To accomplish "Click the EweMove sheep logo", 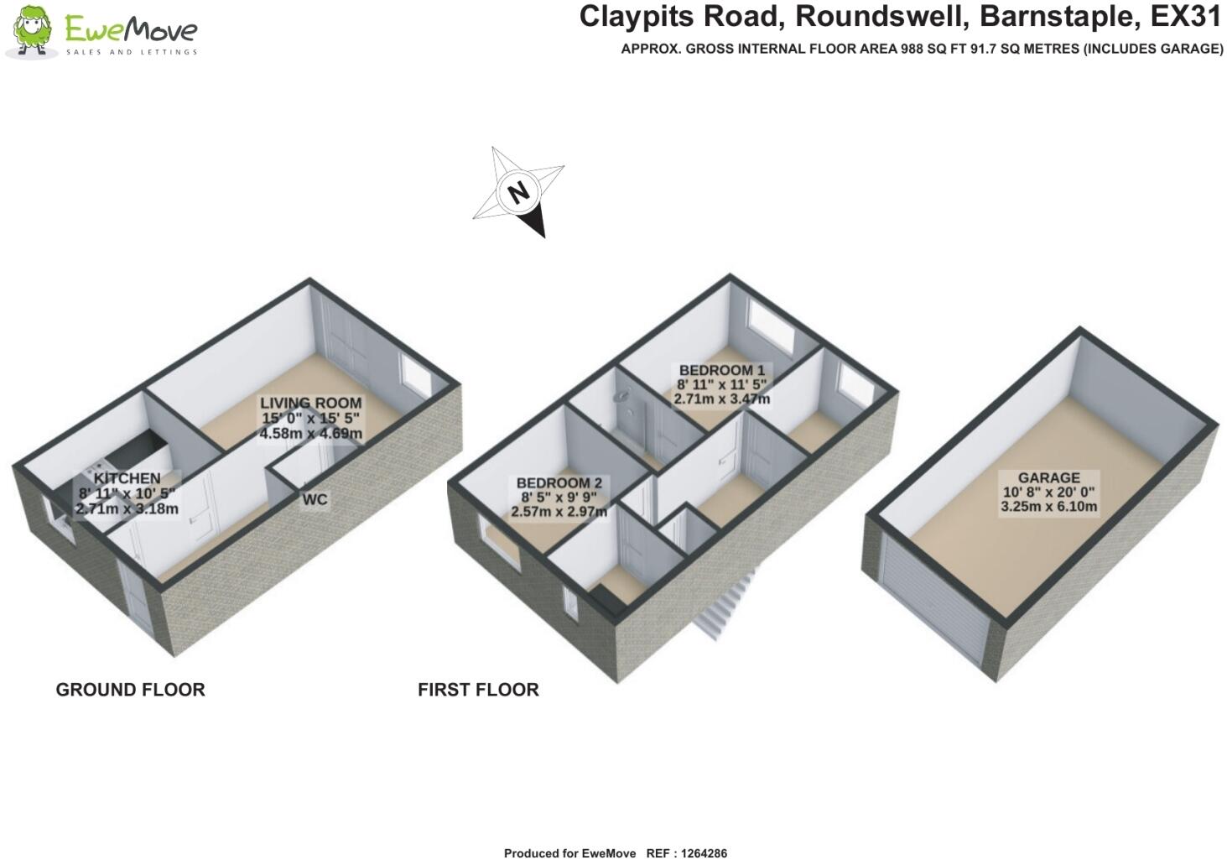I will click(x=32, y=32).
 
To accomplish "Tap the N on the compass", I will click(x=519, y=192).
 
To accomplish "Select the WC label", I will click(x=315, y=500).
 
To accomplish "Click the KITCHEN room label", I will click(x=127, y=479).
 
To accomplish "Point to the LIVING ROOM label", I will click(x=310, y=404).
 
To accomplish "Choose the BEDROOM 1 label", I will click(x=721, y=371).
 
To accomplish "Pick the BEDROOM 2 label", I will click(x=559, y=483).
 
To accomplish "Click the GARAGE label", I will click(x=1048, y=477).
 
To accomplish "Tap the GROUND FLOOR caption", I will click(x=130, y=690).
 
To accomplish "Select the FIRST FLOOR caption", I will click(x=478, y=690).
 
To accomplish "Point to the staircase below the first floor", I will click(x=726, y=604).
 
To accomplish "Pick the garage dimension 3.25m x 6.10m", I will click(x=1048, y=507).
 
